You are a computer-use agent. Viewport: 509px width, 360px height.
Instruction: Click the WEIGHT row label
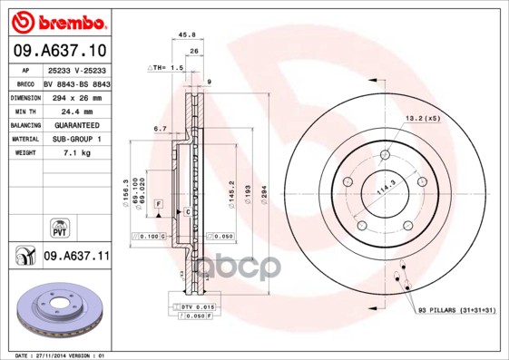click(x=24, y=153)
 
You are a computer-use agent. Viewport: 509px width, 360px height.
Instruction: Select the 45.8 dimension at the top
click(x=189, y=35)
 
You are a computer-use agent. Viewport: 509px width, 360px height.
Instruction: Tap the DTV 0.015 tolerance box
click(x=198, y=308)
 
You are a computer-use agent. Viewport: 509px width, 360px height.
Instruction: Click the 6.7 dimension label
click(x=160, y=129)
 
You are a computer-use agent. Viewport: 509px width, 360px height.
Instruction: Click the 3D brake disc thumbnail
click(x=60, y=311)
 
